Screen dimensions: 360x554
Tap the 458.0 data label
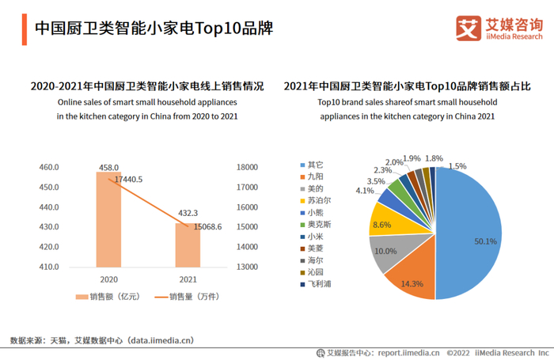pos(108,168)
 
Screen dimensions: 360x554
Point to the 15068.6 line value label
pos(208,226)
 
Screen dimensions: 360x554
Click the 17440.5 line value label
pos(128,180)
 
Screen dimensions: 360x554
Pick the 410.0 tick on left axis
pos(49,267)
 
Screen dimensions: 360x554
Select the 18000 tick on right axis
pos(248,167)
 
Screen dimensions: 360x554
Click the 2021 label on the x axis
pos(188,280)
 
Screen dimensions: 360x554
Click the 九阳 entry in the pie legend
pos(315,176)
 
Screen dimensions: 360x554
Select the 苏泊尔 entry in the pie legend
pos(318,200)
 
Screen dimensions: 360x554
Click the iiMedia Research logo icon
pos(469,27)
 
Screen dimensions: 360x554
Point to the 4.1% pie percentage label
pos(365,191)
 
